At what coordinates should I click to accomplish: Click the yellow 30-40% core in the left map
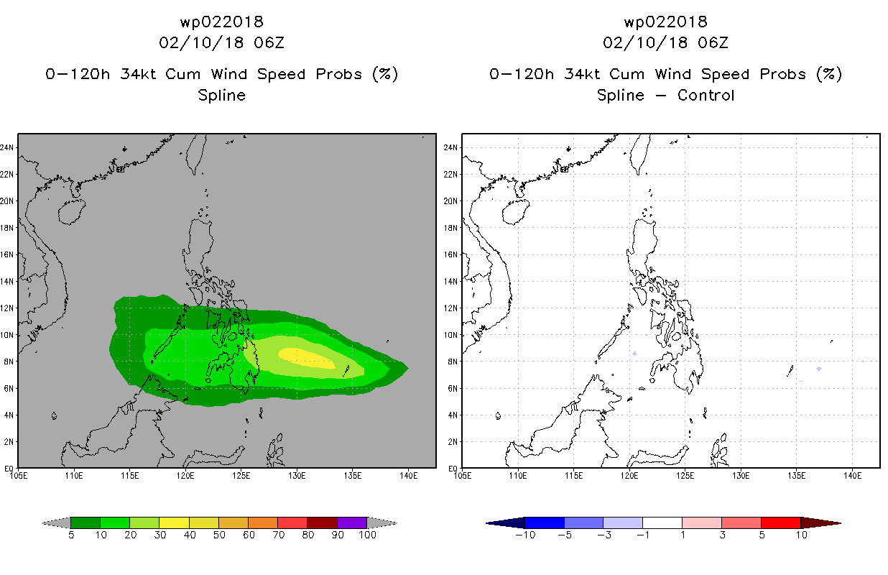(x=306, y=358)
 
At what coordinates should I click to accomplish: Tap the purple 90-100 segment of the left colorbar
(x=352, y=523)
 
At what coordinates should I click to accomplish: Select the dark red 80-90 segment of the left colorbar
(x=323, y=523)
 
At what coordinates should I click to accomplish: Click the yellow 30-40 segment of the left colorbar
(x=174, y=523)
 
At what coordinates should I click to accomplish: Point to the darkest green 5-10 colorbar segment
(x=85, y=523)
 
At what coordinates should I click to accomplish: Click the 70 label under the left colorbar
(x=279, y=535)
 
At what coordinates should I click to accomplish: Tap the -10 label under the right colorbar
(x=525, y=535)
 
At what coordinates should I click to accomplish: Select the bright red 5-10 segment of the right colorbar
(x=781, y=523)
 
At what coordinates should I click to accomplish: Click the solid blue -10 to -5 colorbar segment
(x=545, y=523)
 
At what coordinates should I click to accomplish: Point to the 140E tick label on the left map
(x=408, y=476)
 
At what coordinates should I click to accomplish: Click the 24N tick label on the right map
(x=450, y=147)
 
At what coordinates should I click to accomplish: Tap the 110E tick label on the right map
(x=518, y=476)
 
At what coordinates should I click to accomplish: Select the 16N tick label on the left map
(x=6, y=254)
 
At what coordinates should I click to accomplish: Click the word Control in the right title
(x=706, y=95)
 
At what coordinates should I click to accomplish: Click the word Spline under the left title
(x=221, y=96)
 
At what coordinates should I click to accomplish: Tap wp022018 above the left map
(x=221, y=22)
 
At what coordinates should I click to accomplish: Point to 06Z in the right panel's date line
(x=713, y=43)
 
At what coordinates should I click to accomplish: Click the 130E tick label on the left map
(x=297, y=476)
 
